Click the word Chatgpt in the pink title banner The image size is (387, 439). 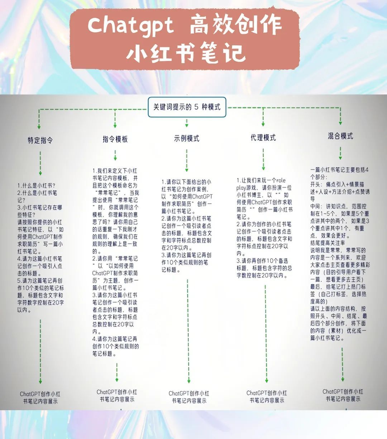coord(130,26)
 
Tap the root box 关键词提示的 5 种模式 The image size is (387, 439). coord(187,107)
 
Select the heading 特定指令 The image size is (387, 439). coord(40,140)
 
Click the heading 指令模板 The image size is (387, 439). coord(115,139)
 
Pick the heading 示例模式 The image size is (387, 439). coord(187,139)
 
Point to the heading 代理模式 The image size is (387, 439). coord(263,138)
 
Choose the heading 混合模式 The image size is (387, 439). coord(340,136)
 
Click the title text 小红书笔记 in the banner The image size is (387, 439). coord(186,53)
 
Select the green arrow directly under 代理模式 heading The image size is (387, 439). coord(263,159)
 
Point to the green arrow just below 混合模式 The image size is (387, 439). coord(340,153)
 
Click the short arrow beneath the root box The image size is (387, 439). coord(187,122)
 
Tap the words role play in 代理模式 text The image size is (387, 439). coord(265,184)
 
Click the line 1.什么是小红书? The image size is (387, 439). coord(37,185)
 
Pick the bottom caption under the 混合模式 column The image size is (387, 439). coord(343,395)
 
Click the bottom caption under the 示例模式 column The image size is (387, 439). coord(189,397)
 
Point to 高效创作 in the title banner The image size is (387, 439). coord(235,26)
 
